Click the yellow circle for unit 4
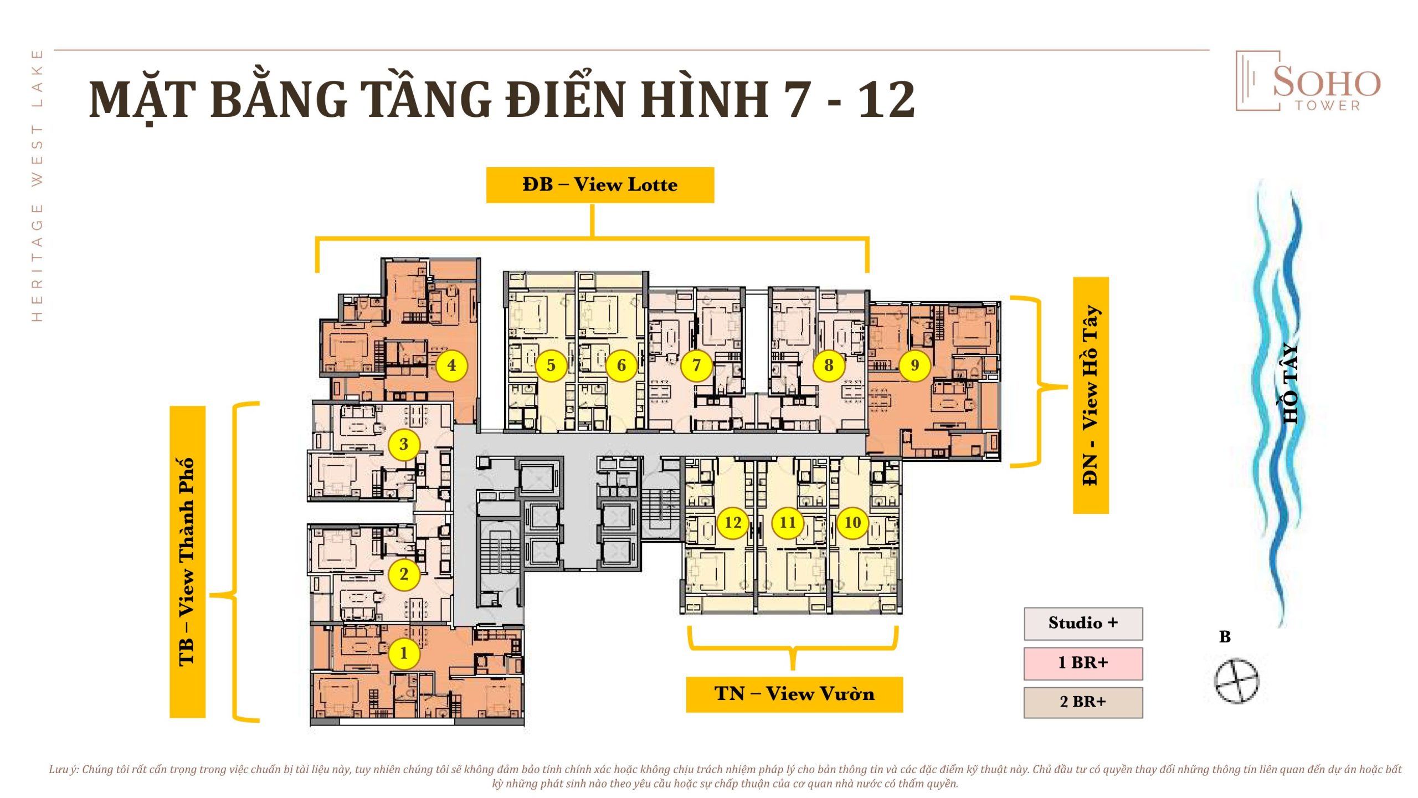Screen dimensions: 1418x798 (451, 365)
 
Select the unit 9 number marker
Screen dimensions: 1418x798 (914, 365)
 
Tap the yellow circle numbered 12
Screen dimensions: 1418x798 (733, 522)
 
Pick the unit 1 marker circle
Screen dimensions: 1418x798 (404, 653)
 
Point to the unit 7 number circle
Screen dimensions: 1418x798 (696, 365)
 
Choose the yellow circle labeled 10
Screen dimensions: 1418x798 (852, 522)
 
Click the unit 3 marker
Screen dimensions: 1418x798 (404, 444)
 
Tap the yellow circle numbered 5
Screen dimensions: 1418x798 (551, 365)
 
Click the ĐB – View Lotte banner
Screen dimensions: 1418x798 (600, 185)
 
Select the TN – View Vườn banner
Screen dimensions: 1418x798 (794, 694)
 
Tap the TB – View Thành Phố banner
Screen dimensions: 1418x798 (187, 562)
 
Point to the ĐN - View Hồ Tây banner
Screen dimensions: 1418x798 (1091, 395)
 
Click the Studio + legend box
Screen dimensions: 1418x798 (1083, 624)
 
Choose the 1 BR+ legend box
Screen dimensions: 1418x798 (1083, 663)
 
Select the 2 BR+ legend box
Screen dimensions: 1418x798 (1083, 703)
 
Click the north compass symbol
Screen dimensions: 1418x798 (1236, 681)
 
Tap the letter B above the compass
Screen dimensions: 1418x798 (1225, 637)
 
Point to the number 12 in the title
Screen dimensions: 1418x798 (886, 100)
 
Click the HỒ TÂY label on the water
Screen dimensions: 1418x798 (1291, 383)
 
